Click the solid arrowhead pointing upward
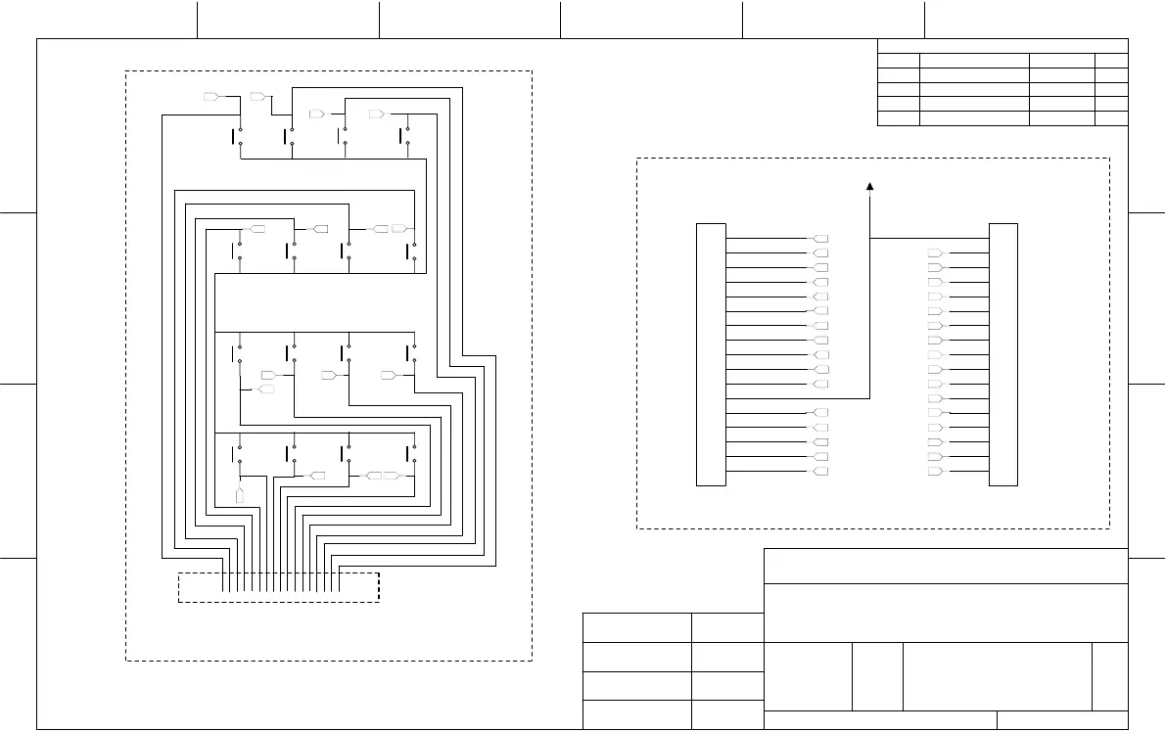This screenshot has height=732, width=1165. pyautogui.click(x=870, y=185)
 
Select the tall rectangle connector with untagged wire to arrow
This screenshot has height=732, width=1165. pyautogui.click(x=711, y=354)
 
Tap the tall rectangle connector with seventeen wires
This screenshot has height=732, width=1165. pyautogui.click(x=1003, y=354)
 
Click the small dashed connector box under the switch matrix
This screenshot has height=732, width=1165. pyautogui.click(x=278, y=587)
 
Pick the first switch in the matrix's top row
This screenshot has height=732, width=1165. pyautogui.click(x=239, y=136)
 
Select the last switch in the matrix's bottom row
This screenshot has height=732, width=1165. pyautogui.click(x=412, y=453)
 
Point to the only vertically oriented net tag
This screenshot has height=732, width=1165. pyautogui.click(x=240, y=495)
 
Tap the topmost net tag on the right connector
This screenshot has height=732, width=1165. pyautogui.click(x=935, y=253)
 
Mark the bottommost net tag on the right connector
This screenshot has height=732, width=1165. pyautogui.click(x=935, y=472)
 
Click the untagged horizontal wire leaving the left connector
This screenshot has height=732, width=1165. pyautogui.click(x=798, y=398)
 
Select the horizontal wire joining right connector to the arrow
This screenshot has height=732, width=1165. pyautogui.click(x=930, y=238)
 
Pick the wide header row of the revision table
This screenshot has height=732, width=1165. pyautogui.click(x=1002, y=45)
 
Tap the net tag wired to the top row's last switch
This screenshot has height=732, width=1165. pyautogui.click(x=375, y=114)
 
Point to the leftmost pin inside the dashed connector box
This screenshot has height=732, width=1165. pyautogui.click(x=227, y=581)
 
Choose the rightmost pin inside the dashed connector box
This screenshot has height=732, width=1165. pyautogui.click(x=338, y=581)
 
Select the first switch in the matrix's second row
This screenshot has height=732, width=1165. pyautogui.click(x=239, y=252)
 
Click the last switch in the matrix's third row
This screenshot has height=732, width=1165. pyautogui.click(x=412, y=354)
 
